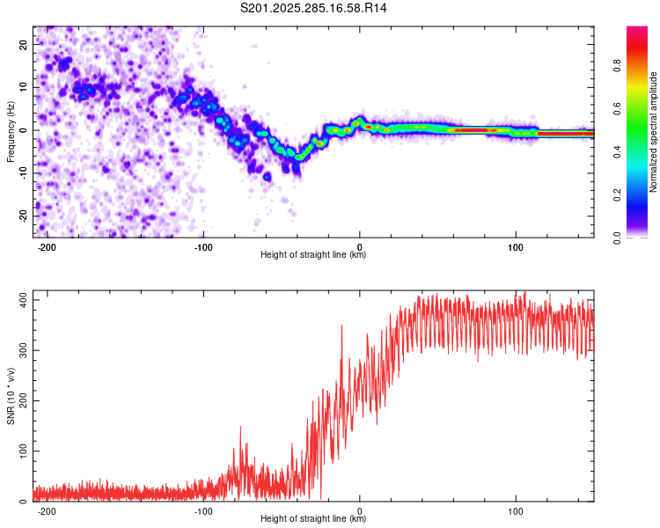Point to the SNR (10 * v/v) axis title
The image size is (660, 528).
11,396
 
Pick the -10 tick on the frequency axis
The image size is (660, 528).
22,173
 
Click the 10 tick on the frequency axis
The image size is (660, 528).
24,88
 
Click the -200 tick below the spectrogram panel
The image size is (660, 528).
48,246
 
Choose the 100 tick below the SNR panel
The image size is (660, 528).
517,510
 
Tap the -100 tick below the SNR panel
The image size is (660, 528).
203,510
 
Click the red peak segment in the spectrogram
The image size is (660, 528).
475,130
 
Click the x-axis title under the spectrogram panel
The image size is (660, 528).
313,255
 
